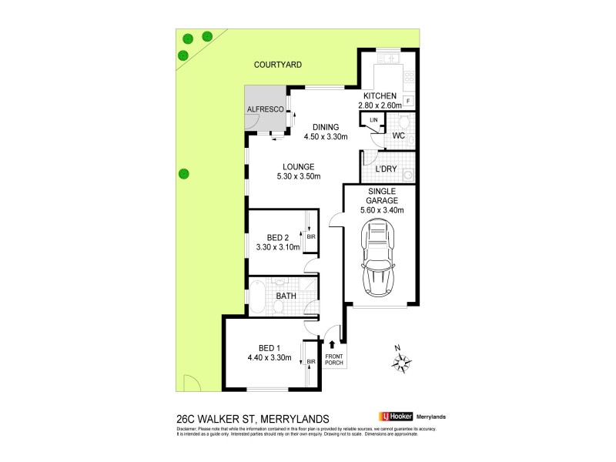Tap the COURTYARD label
(x=280, y=66)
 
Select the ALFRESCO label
(x=266, y=111)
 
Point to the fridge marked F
(x=408, y=101)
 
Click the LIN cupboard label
(x=374, y=121)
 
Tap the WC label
(x=398, y=136)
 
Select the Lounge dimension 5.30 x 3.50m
(x=296, y=176)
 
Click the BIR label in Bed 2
(x=311, y=236)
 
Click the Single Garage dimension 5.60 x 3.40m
(x=382, y=209)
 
